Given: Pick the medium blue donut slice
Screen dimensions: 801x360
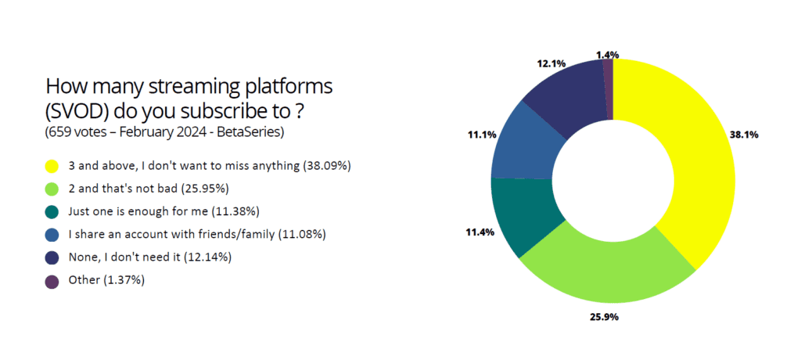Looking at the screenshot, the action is click(526, 143).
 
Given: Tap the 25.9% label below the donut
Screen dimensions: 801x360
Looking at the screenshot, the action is click(605, 318).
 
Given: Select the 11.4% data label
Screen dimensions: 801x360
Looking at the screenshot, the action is click(480, 232).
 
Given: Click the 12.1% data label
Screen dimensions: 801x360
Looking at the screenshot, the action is click(551, 64).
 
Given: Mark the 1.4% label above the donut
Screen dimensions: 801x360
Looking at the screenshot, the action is click(607, 54).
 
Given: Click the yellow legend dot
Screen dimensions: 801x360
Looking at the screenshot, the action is click(52, 167).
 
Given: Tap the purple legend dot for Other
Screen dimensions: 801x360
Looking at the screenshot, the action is click(52, 283).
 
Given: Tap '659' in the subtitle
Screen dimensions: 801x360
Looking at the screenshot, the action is click(59, 132).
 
